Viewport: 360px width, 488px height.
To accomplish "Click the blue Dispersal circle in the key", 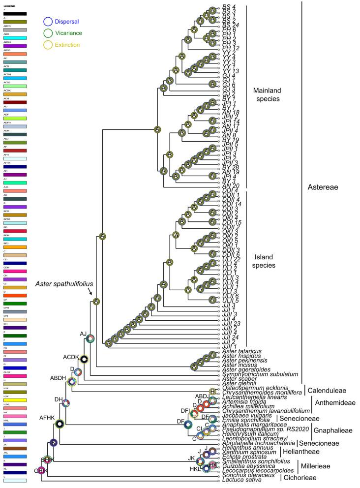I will pos(48,21).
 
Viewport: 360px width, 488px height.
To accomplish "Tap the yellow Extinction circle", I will pos(48,45).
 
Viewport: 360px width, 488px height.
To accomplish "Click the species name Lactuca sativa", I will pos(239,481).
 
